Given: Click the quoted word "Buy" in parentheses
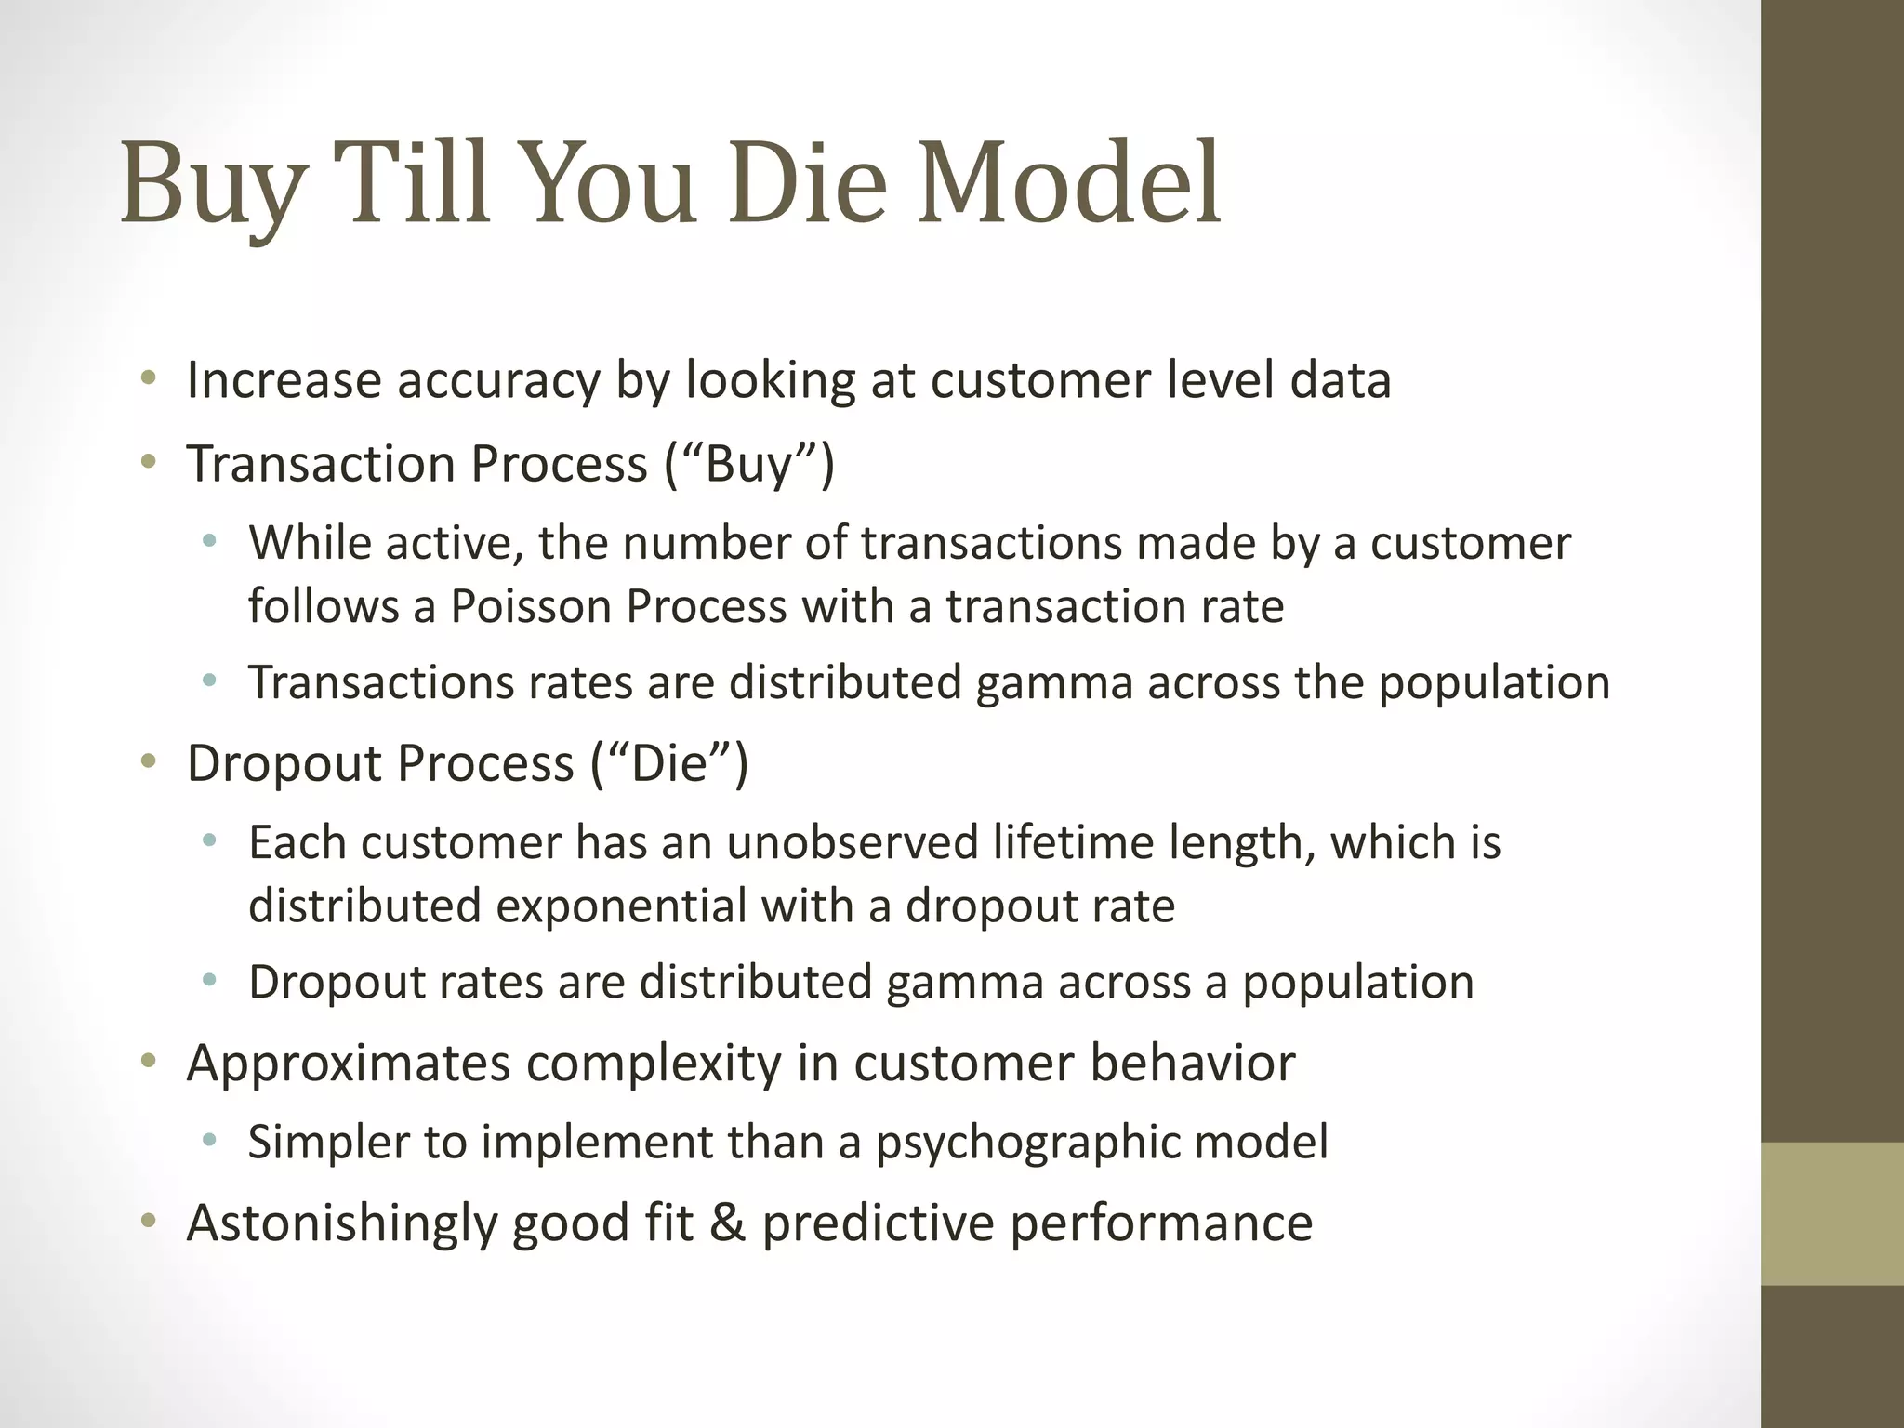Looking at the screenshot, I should pyautogui.click(x=749, y=464).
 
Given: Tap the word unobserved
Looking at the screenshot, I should pyautogui.click(x=853, y=843).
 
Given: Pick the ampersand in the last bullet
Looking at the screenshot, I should pyautogui.click(x=727, y=1223).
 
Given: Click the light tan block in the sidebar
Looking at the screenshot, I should pyautogui.click(x=1832, y=1213).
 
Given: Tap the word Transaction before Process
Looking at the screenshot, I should pyautogui.click(x=322, y=464).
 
